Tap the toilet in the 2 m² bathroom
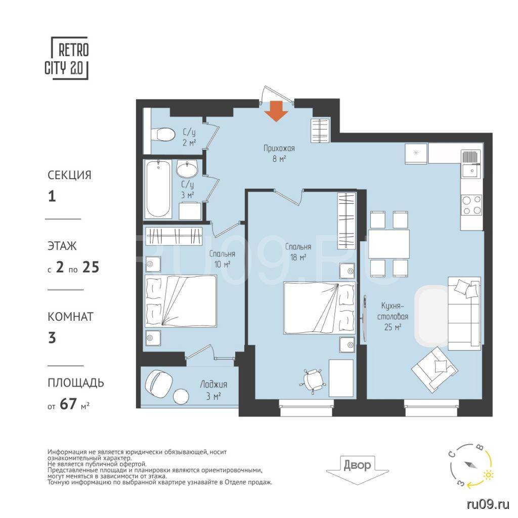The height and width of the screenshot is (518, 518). (x=162, y=134)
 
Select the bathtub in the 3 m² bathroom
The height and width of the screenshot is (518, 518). (x=158, y=189)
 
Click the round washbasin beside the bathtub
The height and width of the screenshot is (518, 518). (x=187, y=169)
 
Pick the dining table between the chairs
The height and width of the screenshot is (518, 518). (x=389, y=244)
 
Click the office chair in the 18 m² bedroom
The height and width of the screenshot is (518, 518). (x=313, y=380)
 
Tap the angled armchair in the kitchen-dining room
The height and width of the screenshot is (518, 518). (x=434, y=370)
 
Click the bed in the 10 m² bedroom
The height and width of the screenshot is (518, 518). (x=181, y=301)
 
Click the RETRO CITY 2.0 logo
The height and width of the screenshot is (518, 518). (x=67, y=59)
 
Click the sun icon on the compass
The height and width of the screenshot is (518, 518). (x=488, y=475)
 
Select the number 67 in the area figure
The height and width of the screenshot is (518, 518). (x=68, y=404)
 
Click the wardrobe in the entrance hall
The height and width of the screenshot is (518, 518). (x=320, y=131)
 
